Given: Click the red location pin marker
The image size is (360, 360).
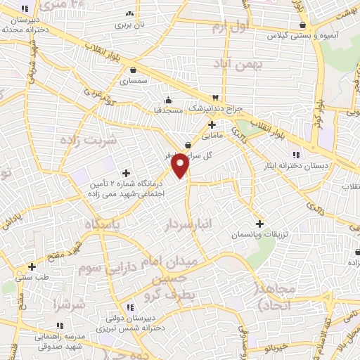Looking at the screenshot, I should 181,165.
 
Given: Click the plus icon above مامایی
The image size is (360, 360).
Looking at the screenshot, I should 212,124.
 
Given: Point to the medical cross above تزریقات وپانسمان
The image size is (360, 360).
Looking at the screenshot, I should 260,222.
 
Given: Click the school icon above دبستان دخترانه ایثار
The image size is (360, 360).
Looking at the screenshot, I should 297,154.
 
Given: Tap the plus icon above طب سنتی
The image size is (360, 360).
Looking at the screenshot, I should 32,266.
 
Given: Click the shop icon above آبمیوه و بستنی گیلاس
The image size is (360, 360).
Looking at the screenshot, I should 302,25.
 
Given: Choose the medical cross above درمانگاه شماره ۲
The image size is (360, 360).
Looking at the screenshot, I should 127,173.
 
